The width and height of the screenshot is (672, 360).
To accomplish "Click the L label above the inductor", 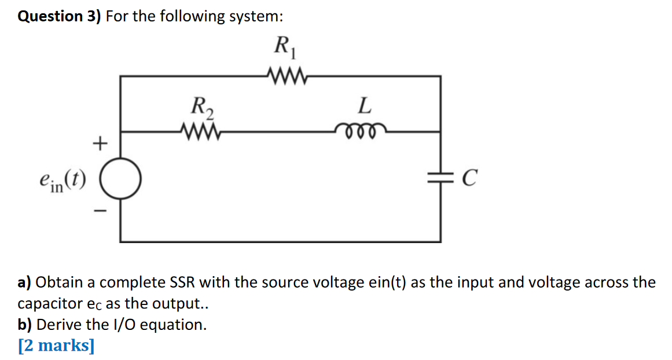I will click(363, 106).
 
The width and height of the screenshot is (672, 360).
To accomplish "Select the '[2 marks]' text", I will click(56, 346).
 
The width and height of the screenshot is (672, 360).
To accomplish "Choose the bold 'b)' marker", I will click(25, 325).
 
